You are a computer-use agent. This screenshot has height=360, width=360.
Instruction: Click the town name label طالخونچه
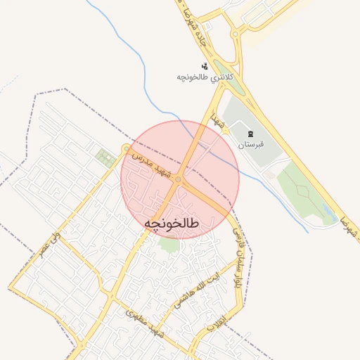172,222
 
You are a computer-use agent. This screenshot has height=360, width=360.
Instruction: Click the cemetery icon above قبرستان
250,134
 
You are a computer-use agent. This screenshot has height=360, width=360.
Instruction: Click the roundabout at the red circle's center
179,179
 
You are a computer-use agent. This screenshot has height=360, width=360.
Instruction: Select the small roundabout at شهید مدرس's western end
126,149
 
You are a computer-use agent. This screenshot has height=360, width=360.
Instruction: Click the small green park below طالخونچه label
169,245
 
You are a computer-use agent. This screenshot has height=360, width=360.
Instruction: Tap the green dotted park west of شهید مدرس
105,157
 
